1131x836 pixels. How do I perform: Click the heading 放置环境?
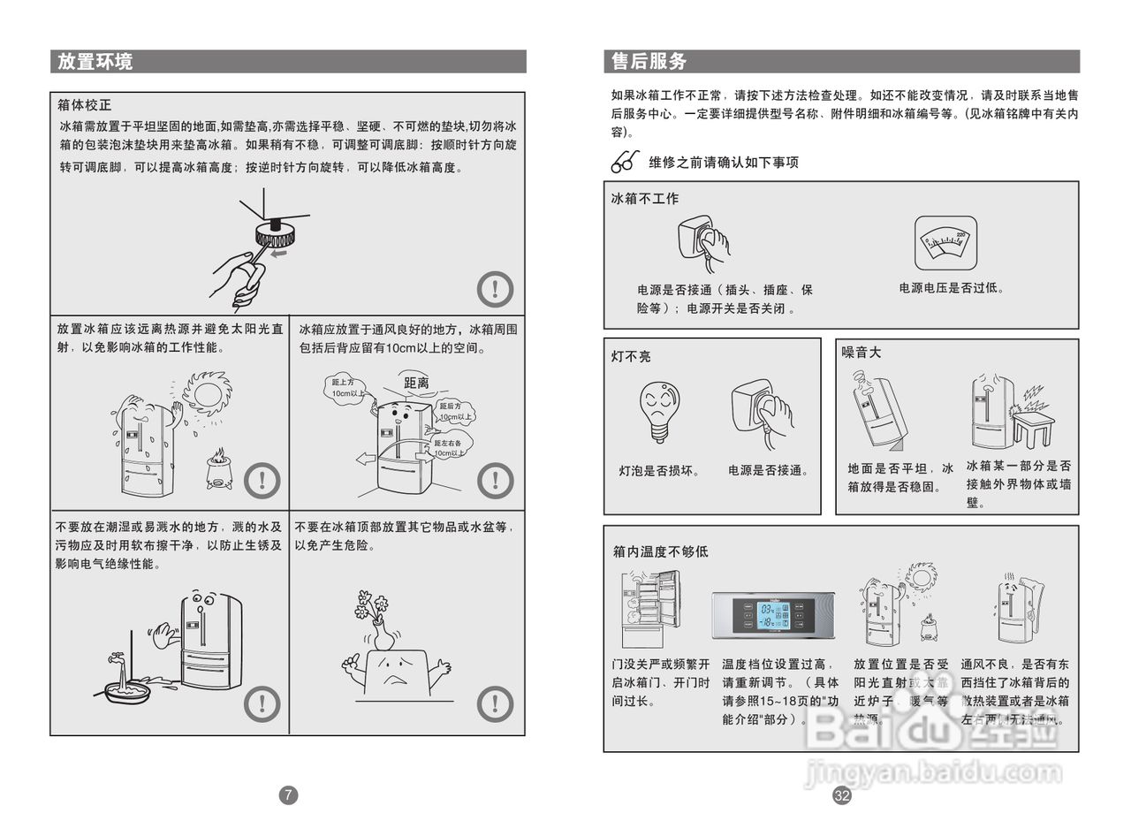click(95, 61)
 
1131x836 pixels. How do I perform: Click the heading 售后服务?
click(649, 61)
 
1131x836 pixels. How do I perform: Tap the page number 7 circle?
click(288, 794)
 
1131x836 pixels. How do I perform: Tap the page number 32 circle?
click(842, 795)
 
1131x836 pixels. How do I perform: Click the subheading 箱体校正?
click(85, 106)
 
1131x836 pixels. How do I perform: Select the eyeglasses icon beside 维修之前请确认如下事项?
click(625, 162)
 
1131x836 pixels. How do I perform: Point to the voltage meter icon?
click(945, 242)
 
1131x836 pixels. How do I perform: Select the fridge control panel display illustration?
click(773, 615)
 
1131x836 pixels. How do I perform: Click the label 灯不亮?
click(631, 356)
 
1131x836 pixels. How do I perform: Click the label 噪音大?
click(862, 353)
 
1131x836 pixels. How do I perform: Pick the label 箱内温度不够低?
click(660, 551)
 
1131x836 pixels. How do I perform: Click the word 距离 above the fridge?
click(416, 383)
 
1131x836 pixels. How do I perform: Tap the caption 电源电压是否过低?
click(951, 288)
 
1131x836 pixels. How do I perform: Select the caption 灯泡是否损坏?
click(659, 471)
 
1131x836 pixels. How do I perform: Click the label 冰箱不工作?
click(645, 199)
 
